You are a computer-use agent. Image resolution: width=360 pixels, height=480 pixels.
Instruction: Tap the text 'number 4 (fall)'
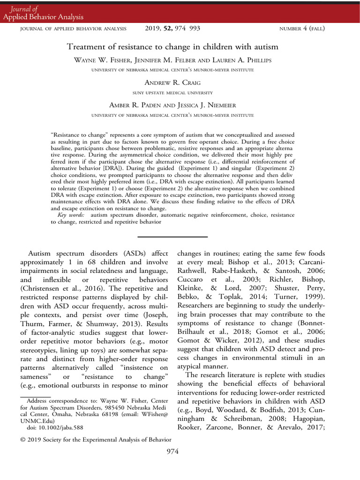click(302, 29)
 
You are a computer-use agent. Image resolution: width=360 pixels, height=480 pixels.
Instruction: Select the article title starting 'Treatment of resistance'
click(172, 47)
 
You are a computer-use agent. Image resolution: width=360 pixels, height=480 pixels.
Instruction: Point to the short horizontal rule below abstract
click(172, 237)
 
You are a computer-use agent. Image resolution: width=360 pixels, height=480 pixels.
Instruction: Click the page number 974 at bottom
click(172, 451)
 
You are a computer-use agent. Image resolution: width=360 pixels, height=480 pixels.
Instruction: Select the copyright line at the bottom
click(96, 439)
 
